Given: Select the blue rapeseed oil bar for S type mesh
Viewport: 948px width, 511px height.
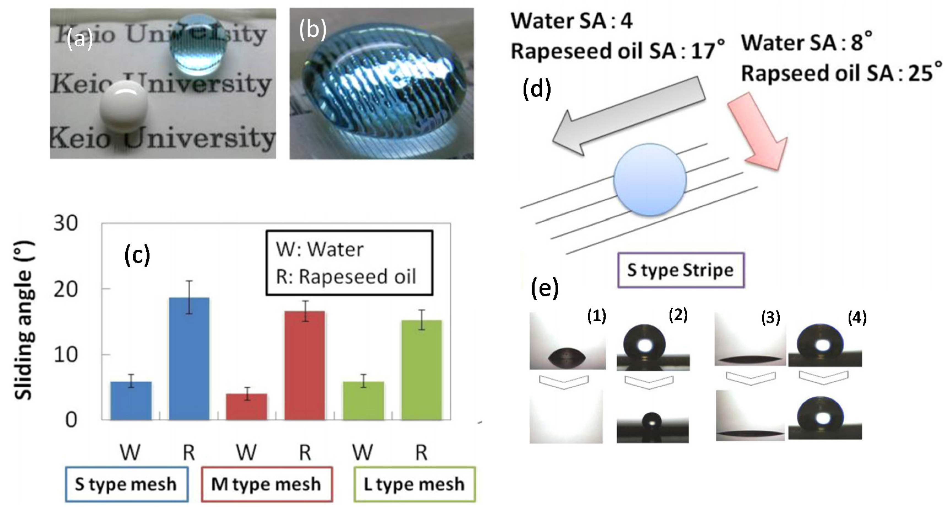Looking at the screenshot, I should pyautogui.click(x=189, y=359).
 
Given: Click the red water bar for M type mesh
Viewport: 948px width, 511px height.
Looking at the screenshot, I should pyautogui.click(x=247, y=407).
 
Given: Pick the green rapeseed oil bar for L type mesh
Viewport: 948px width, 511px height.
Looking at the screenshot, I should pyautogui.click(x=421, y=370).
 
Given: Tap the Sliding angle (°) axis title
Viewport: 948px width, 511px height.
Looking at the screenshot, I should pyautogui.click(x=24, y=320).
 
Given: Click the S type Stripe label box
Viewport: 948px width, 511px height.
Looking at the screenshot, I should pyautogui.click(x=681, y=270).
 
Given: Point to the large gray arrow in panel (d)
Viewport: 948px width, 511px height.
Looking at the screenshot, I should pyautogui.click(x=629, y=116).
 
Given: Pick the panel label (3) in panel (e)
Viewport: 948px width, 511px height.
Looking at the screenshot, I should pyautogui.click(x=771, y=317).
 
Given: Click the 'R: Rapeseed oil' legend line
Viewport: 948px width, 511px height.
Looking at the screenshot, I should pyautogui.click(x=346, y=277).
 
